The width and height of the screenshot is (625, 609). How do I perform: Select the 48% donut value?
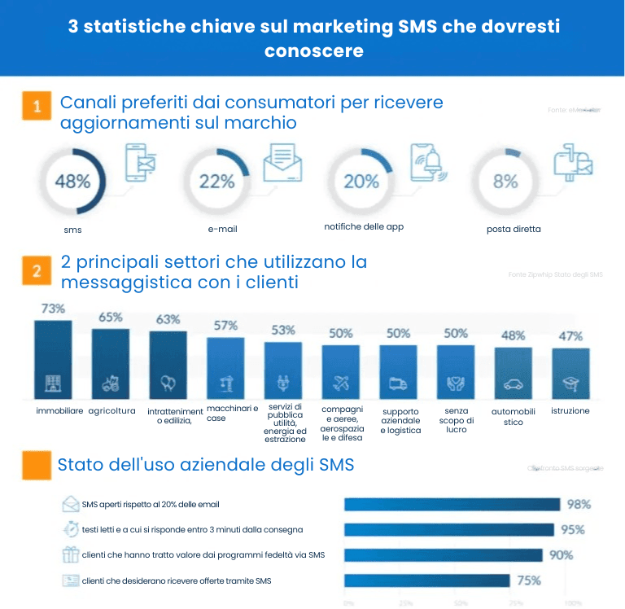(x=72, y=181)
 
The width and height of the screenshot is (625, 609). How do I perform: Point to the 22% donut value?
(x=216, y=181)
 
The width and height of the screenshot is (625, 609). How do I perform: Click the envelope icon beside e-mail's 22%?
(x=282, y=164)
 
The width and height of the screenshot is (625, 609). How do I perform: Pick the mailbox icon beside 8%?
(x=572, y=164)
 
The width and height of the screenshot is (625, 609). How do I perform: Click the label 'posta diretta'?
(x=514, y=230)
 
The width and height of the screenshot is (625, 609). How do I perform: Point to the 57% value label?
(x=225, y=326)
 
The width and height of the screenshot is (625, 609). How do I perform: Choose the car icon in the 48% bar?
(x=514, y=383)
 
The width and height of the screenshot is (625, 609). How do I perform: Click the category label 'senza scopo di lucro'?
(x=457, y=420)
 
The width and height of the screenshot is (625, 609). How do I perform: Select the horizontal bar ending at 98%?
(x=452, y=505)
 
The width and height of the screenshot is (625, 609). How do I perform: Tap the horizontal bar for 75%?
(x=426, y=581)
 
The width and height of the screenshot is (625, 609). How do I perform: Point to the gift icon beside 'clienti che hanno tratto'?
(x=70, y=555)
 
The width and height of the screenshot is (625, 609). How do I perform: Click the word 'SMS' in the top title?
(x=416, y=27)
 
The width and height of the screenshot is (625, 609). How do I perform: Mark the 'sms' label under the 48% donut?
(x=72, y=230)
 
